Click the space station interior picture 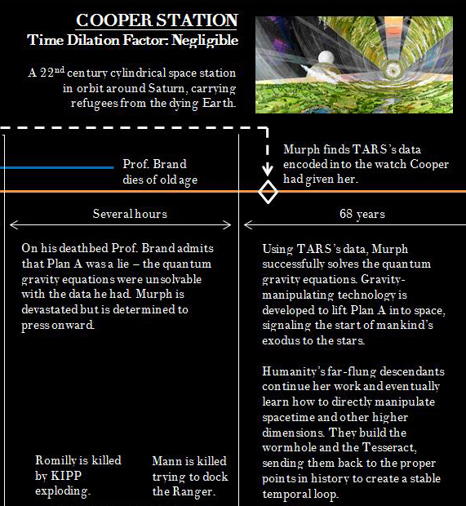click(x=353, y=64)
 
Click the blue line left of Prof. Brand click(x=56, y=167)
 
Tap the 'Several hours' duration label click(x=130, y=214)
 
